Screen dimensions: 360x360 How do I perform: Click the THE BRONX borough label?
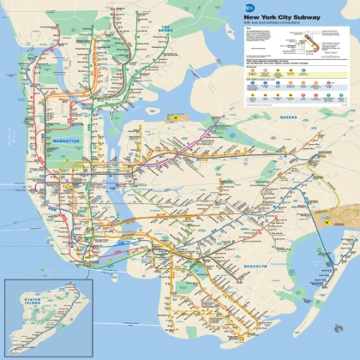[165, 28]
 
